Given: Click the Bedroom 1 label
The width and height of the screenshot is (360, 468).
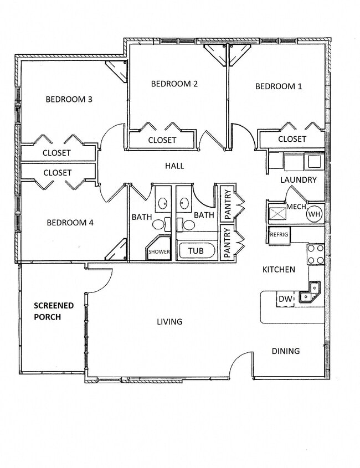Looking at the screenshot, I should [x=279, y=86].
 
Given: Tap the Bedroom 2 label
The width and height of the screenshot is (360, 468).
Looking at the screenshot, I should [x=174, y=84].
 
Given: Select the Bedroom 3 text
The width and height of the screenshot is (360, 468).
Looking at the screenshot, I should [x=69, y=100].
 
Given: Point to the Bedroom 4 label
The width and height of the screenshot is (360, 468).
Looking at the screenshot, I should [x=70, y=223].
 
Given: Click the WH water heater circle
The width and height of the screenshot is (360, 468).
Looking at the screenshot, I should [x=314, y=214].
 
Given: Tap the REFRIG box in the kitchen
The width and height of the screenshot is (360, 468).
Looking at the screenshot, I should [x=279, y=234].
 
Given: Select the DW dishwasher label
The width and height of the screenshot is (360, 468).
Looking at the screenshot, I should [x=285, y=299].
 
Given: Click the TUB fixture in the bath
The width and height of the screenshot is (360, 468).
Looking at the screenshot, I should [x=196, y=251].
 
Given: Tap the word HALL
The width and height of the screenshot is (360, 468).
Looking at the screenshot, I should [x=174, y=166].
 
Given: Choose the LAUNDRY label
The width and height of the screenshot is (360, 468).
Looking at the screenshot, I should [x=299, y=180].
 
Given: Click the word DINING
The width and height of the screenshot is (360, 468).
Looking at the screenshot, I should [x=285, y=351].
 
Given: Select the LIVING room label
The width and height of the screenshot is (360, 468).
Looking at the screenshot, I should [x=169, y=321].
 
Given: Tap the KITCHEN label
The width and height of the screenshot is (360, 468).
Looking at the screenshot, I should [x=279, y=270].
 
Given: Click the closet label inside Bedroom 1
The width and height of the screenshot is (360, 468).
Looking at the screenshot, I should [x=292, y=139].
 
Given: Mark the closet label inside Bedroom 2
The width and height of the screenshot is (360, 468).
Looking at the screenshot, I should [x=162, y=141].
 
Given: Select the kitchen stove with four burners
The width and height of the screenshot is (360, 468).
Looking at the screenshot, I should [x=316, y=254].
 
